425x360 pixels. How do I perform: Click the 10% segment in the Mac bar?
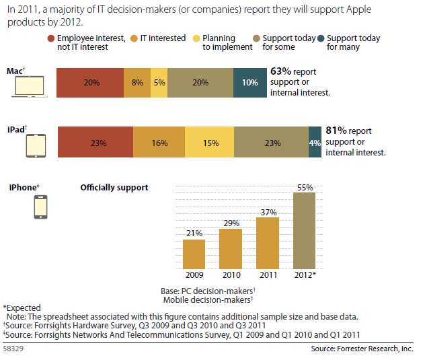click(x=249, y=83)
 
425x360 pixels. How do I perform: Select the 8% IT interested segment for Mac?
click(x=137, y=83)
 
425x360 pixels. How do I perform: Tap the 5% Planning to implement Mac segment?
click(x=159, y=83)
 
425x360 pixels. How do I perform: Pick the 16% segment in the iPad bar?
click(x=159, y=143)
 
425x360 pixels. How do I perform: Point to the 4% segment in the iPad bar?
click(x=315, y=143)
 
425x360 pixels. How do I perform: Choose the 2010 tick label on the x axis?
click(x=231, y=275)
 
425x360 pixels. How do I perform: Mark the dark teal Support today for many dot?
click(x=320, y=38)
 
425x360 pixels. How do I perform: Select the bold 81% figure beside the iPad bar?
click(x=336, y=131)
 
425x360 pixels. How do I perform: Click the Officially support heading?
click(x=114, y=187)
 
